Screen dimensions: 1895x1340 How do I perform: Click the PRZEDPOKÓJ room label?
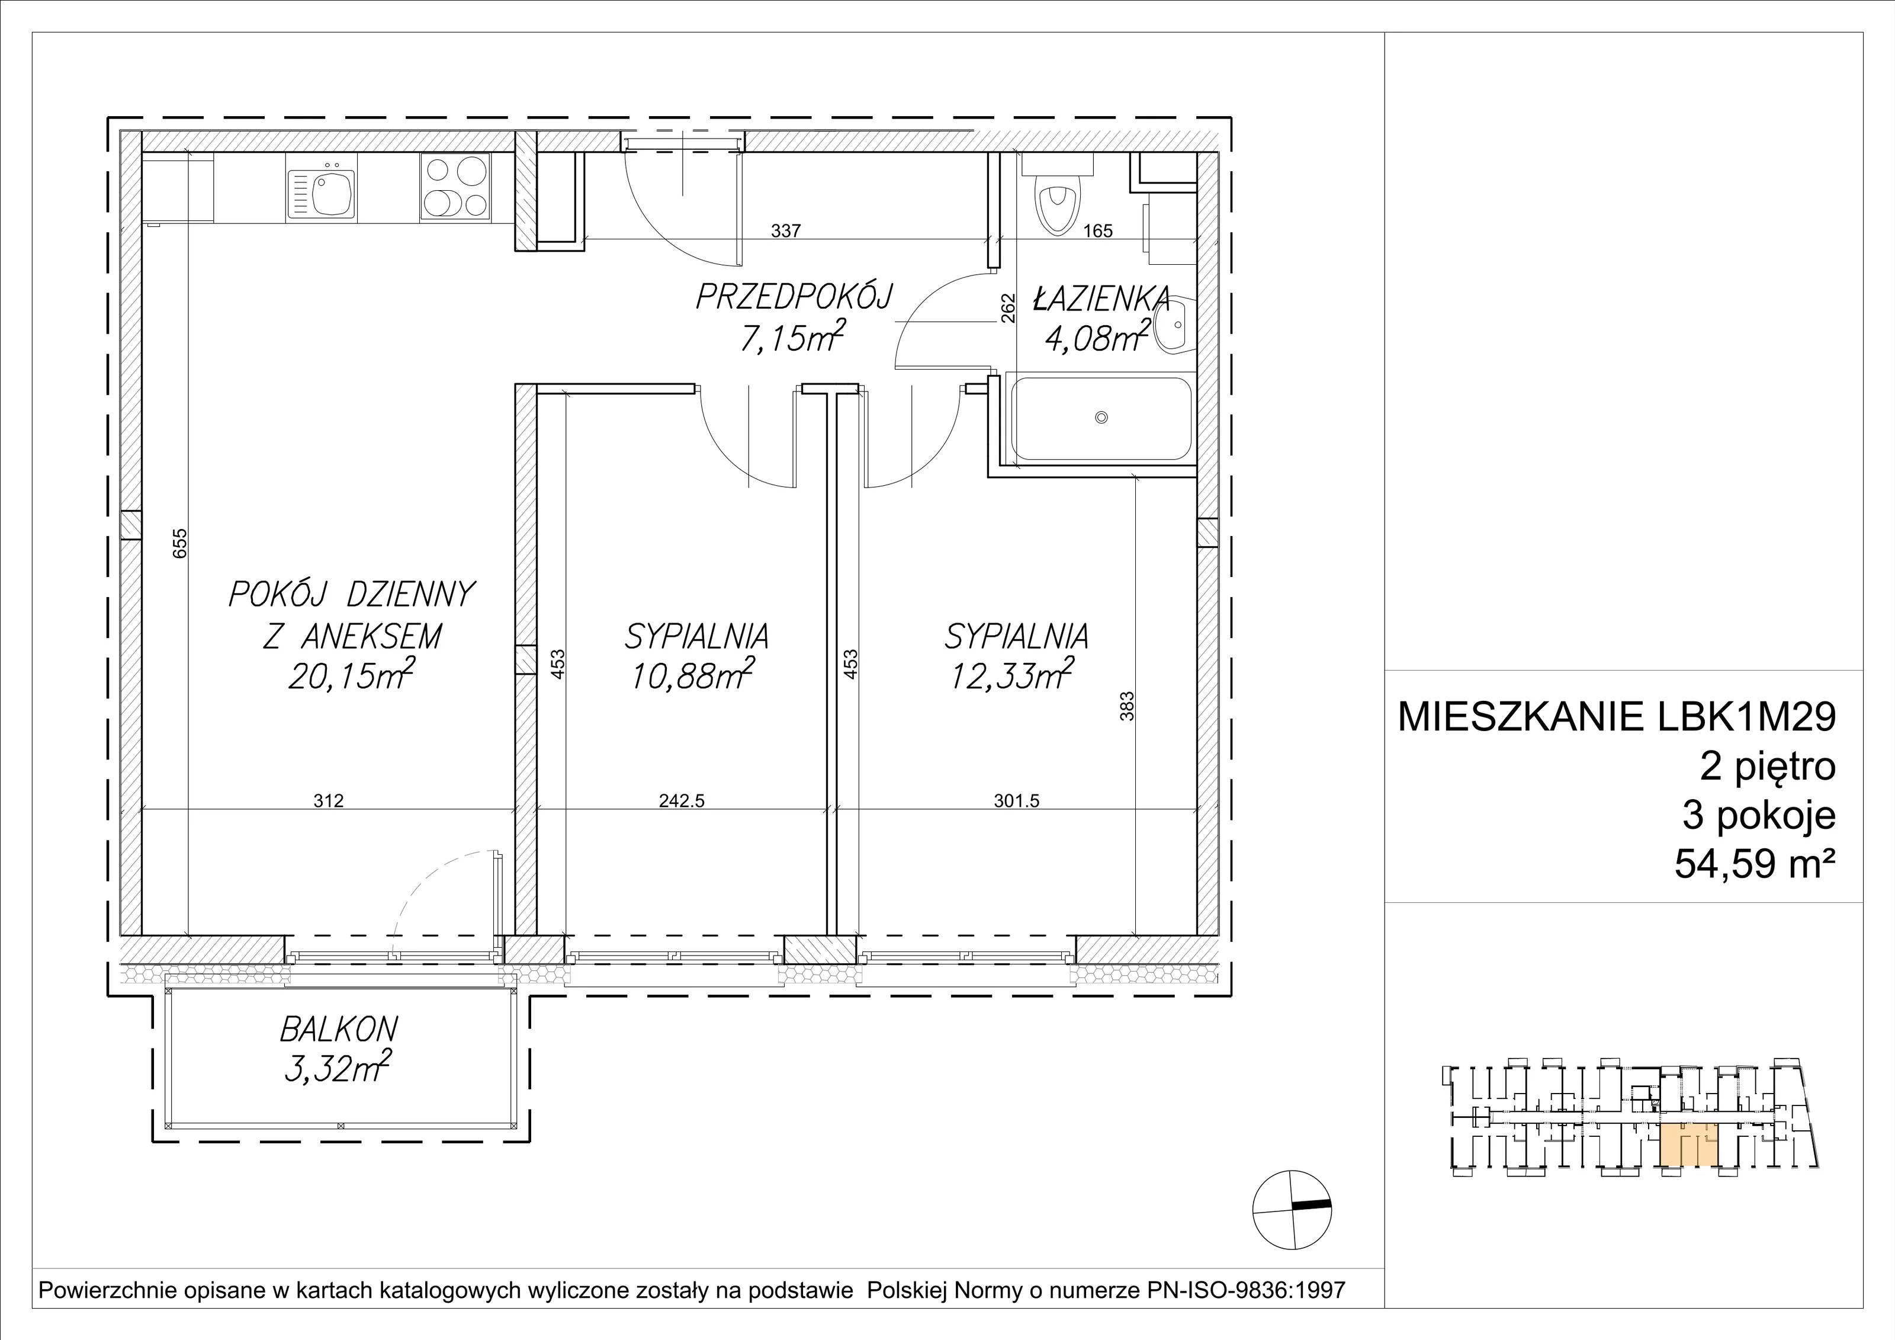point(794,296)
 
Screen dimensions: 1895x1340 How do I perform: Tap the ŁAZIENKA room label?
point(1101,298)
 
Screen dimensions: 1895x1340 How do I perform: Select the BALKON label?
point(338,1029)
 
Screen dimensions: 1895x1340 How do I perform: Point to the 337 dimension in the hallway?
point(786,231)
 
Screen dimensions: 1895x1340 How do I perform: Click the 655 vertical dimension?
point(181,543)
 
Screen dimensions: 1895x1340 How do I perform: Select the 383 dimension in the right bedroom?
point(1128,707)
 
